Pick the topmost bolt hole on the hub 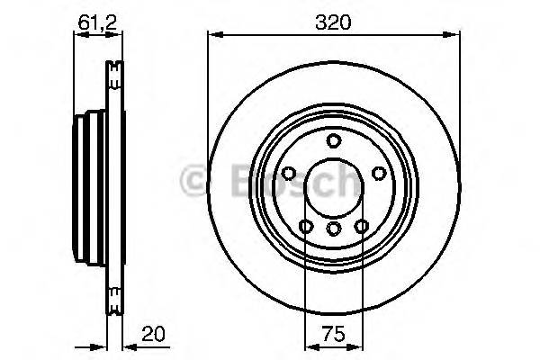click(x=333, y=139)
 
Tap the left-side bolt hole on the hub click(x=289, y=174)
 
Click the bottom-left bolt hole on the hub click(x=306, y=226)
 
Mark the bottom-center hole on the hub click(x=333, y=229)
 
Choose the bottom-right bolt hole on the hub click(x=361, y=226)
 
